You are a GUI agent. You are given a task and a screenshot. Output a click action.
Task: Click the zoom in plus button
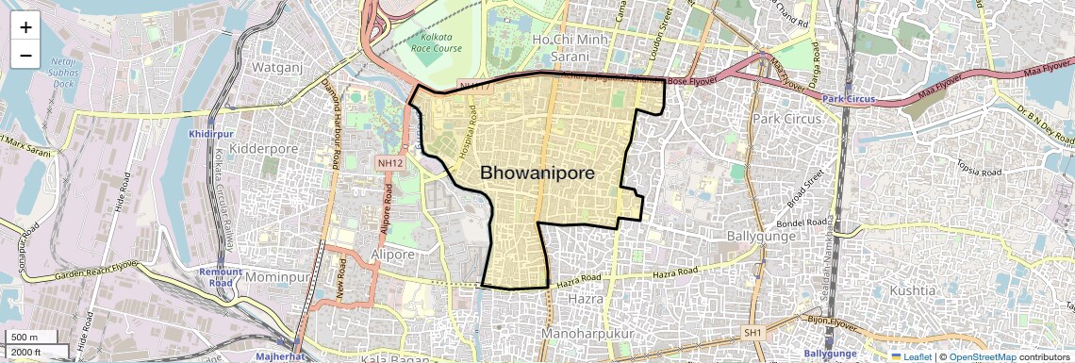25,27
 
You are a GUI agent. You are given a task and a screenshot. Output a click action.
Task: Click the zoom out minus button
25,55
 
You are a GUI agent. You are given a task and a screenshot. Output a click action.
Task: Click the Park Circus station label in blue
848,99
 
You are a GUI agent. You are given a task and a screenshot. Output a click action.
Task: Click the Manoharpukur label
587,334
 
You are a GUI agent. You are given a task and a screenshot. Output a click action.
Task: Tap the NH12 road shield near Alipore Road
391,163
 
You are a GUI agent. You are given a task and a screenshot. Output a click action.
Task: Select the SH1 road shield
752,333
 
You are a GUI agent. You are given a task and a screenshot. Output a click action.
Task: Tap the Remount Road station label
221,277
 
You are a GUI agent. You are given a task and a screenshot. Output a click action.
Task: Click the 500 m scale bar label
25,338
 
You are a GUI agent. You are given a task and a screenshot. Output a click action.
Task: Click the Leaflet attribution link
917,356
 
